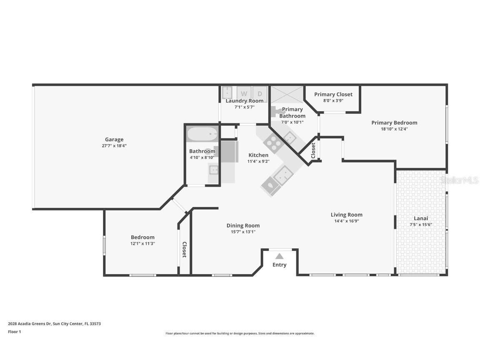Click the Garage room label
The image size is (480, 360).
[114, 140]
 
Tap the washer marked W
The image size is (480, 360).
[244, 93]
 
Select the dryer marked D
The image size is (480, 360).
[260, 93]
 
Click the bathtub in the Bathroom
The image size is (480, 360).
[202, 134]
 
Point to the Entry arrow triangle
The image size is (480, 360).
[279, 256]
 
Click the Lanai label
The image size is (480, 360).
[420, 218]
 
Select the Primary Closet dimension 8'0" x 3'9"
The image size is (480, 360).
[333, 100]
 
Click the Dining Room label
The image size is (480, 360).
[243, 225]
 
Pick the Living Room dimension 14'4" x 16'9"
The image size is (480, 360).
[347, 221]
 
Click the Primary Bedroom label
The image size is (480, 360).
[394, 122]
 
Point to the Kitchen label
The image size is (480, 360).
[258, 155]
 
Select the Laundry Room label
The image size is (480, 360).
[245, 101]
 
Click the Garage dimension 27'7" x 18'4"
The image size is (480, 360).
[114, 146]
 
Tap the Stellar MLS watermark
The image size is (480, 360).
[459, 180]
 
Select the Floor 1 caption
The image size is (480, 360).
[14, 332]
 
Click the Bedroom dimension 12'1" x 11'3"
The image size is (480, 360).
[142, 244]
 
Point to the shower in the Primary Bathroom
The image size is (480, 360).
[287, 94]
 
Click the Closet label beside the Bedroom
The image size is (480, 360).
[185, 249]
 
